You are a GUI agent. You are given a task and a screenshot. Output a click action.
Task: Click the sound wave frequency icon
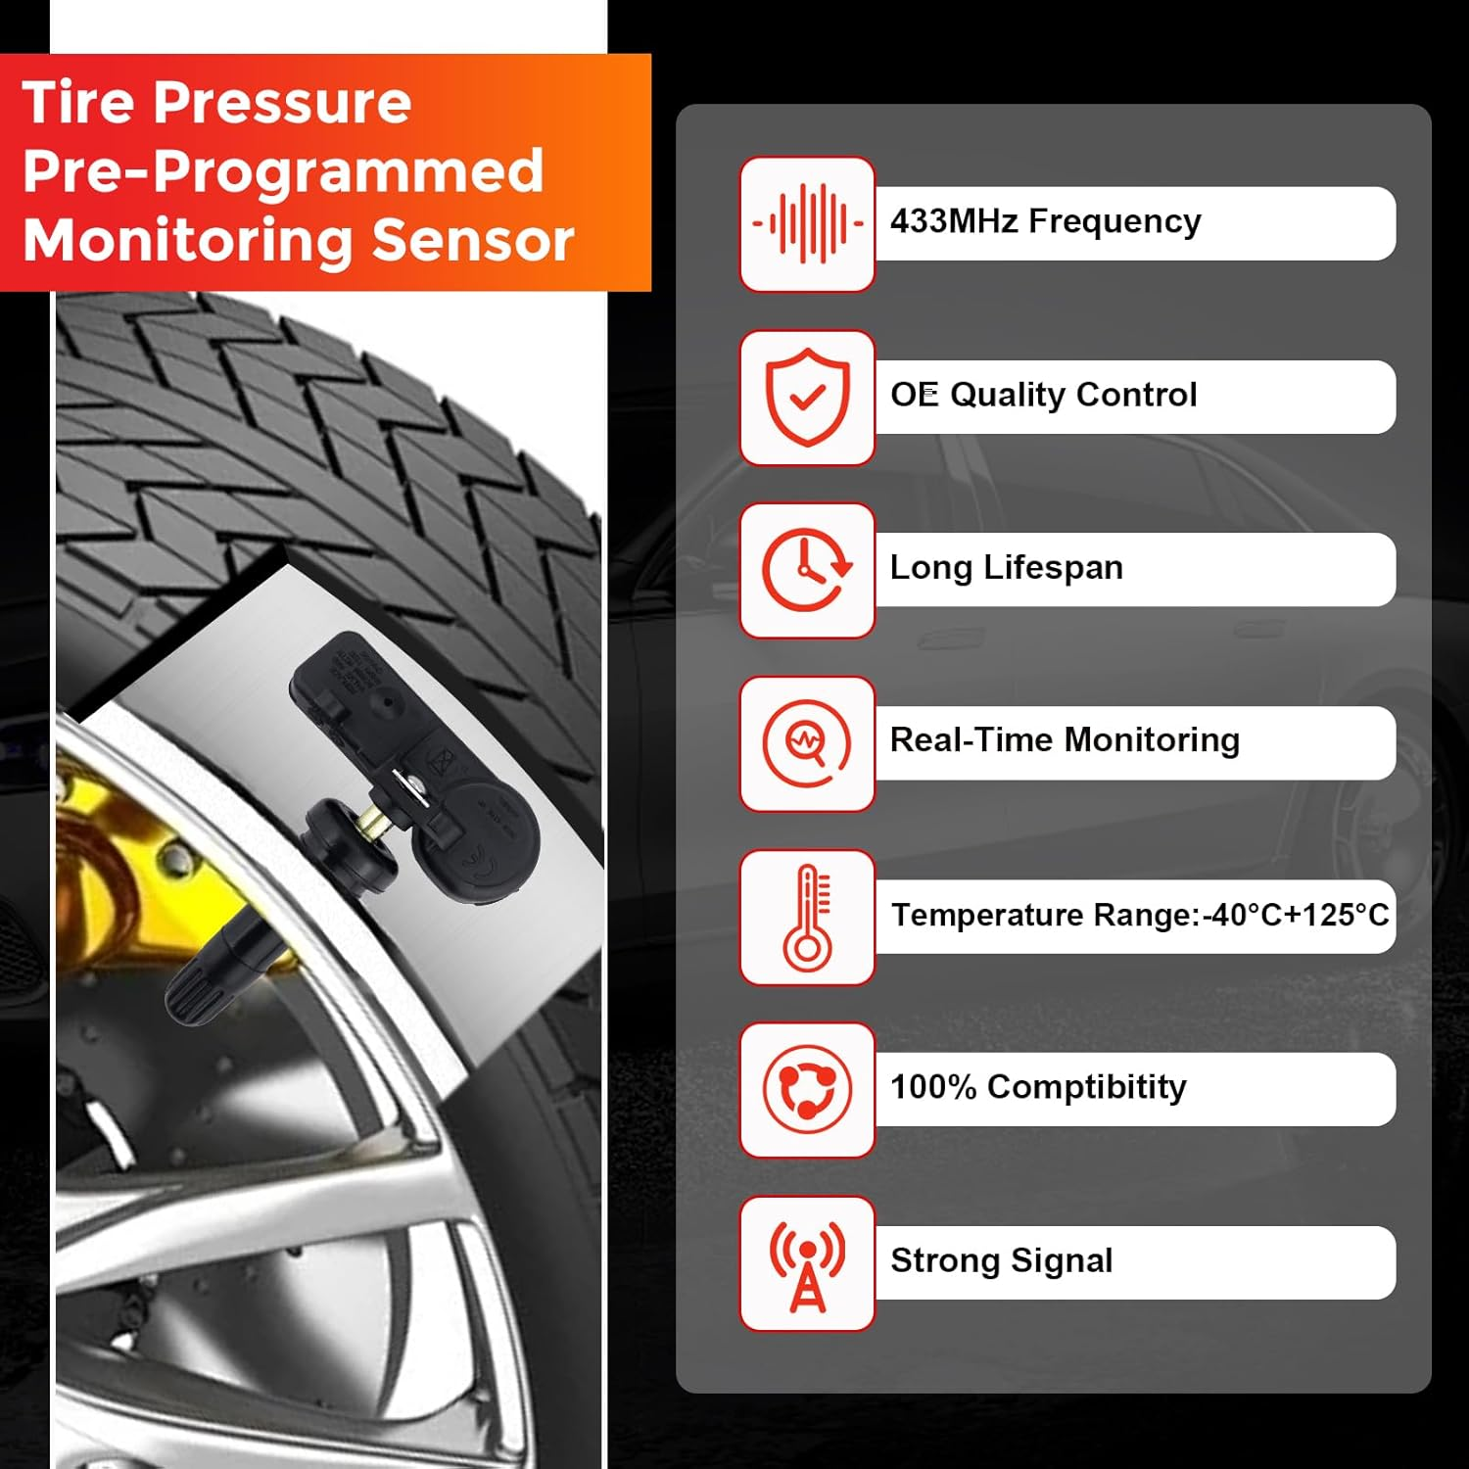point(807,224)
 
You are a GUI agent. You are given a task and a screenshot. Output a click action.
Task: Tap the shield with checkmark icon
point(807,397)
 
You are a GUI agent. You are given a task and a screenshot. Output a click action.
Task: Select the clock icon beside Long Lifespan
point(807,570)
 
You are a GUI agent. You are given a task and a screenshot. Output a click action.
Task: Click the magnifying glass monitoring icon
point(807,743)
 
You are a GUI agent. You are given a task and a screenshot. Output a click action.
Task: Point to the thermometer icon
point(807,917)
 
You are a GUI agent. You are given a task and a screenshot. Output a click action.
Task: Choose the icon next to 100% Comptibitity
point(807,1089)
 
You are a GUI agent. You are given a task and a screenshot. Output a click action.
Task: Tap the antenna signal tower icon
point(807,1263)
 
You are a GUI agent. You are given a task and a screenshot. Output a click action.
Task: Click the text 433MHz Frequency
point(1045,222)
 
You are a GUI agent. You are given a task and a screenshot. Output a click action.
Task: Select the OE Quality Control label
point(1043,395)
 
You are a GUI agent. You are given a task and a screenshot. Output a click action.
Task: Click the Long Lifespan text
point(1006,568)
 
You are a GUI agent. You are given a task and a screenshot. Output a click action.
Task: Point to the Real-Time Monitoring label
point(1065,740)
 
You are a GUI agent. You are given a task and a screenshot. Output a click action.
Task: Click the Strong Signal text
point(1001,1260)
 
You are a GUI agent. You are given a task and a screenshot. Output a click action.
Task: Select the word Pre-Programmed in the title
point(283,172)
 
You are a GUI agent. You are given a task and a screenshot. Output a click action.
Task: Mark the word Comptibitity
point(1086,1087)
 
